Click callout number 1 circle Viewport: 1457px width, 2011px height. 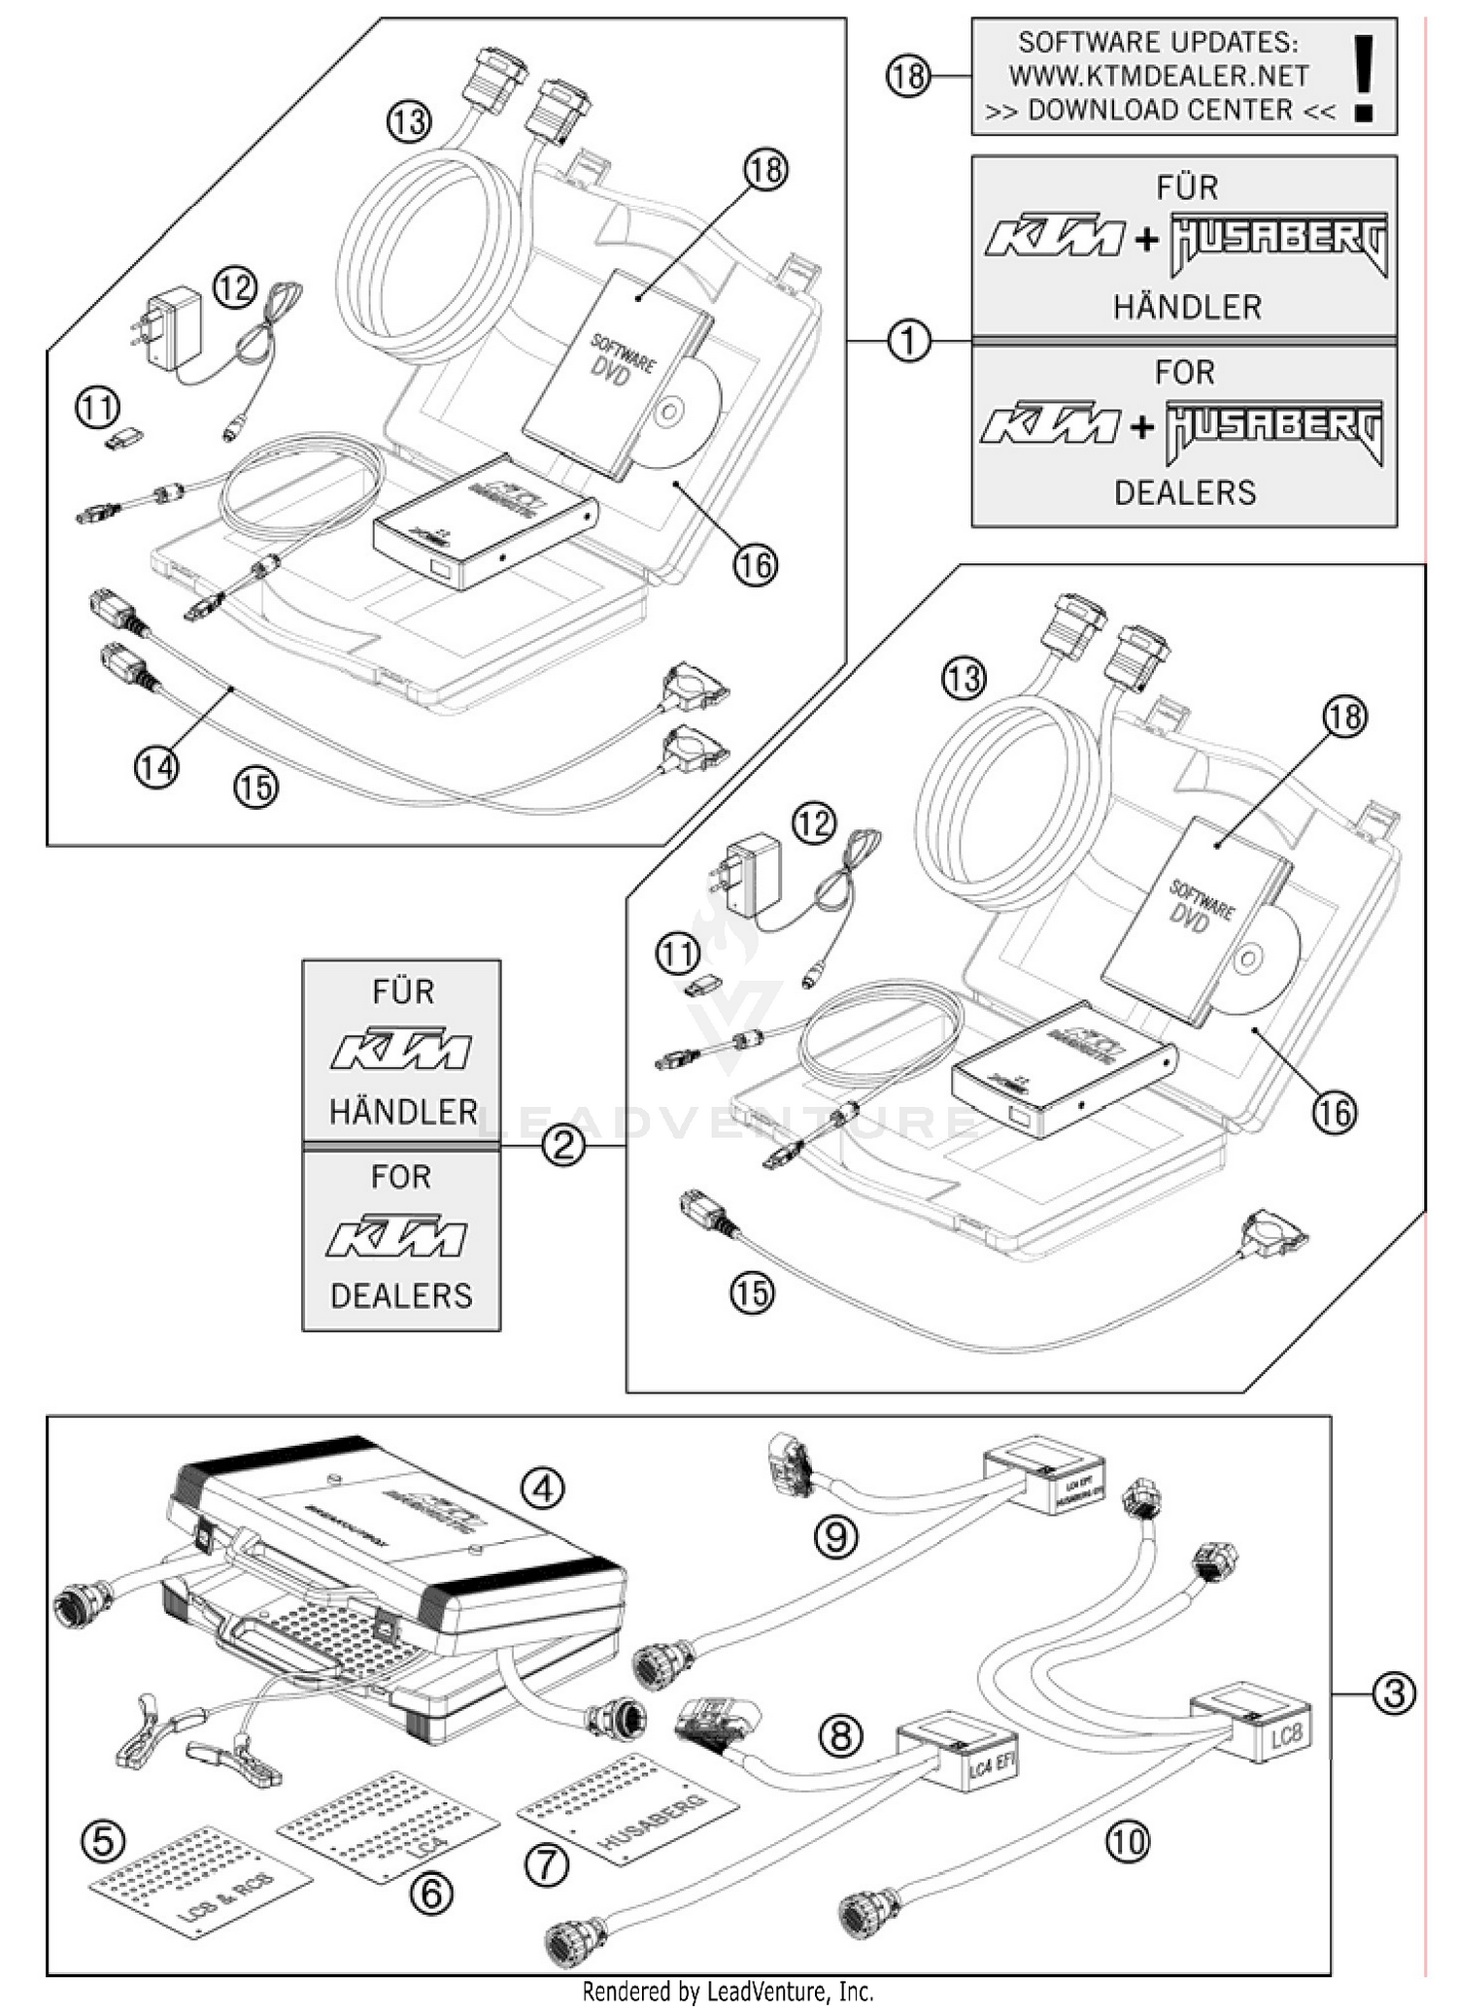[x=909, y=342]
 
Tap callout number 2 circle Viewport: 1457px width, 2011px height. [x=562, y=1147]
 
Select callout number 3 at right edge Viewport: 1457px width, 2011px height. [x=1394, y=1693]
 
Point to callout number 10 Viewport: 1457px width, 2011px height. [x=1127, y=1841]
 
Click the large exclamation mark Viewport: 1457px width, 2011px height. [x=1365, y=78]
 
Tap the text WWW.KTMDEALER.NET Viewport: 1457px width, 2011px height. [x=1158, y=76]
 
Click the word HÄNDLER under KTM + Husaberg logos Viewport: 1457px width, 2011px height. [x=1187, y=308]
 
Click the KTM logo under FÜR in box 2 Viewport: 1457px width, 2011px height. [x=402, y=1050]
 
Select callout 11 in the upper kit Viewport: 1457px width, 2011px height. [x=97, y=408]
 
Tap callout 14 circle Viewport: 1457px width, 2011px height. [x=155, y=767]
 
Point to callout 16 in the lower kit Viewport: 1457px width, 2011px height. [x=1335, y=1113]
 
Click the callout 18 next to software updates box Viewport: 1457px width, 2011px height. [x=908, y=76]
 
